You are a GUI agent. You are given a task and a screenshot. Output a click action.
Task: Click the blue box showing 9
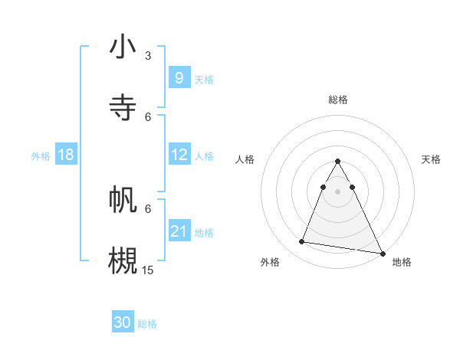(179, 77)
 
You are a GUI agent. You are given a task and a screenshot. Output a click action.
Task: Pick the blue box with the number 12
(179, 155)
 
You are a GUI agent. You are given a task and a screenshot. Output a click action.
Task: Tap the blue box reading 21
(179, 231)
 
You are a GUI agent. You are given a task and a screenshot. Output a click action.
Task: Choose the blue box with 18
(66, 155)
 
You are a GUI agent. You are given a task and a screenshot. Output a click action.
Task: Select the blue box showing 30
(123, 322)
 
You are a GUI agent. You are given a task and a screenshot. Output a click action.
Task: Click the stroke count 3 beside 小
(148, 55)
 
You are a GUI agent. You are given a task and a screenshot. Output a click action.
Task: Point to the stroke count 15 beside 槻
(148, 270)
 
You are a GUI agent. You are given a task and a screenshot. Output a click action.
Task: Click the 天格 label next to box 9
(204, 79)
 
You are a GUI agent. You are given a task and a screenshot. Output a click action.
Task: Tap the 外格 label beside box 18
(41, 156)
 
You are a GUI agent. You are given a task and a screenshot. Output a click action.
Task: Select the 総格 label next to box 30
(147, 324)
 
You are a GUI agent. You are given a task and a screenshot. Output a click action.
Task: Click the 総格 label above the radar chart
(337, 100)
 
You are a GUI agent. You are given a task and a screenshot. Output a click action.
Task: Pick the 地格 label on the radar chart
(402, 262)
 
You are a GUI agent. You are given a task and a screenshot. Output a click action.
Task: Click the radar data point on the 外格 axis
(302, 242)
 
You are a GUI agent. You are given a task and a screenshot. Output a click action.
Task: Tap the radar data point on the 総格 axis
(337, 162)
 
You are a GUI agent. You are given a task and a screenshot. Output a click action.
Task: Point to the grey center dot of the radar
(337, 201)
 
